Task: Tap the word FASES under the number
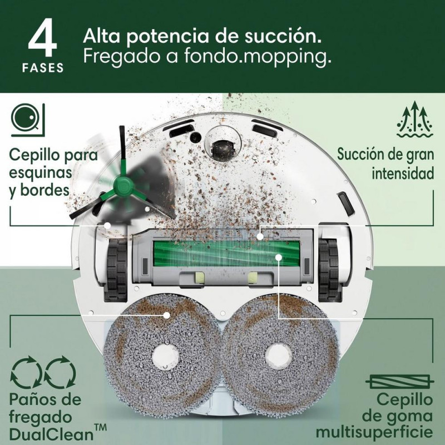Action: (43, 68)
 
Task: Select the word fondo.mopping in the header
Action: (257, 57)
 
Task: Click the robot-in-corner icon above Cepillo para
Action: (28, 120)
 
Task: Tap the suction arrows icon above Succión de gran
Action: (415, 120)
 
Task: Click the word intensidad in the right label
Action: (403, 173)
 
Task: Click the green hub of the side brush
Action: (123, 185)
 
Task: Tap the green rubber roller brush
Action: (226, 254)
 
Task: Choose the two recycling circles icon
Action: (43, 373)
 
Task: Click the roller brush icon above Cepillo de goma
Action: (399, 382)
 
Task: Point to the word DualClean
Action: (51, 434)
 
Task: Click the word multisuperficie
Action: (374, 433)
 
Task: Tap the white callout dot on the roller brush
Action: (279, 257)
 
